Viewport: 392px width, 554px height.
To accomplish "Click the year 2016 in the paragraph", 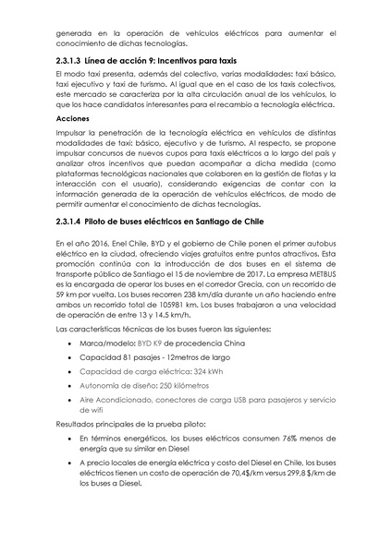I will pyautogui.click(x=98, y=242).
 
